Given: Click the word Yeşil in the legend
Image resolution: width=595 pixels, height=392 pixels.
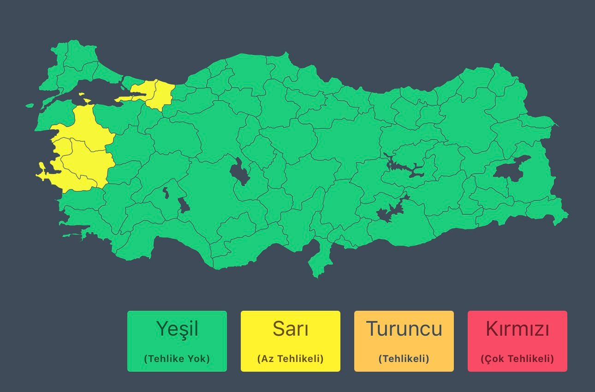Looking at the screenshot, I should [x=177, y=329].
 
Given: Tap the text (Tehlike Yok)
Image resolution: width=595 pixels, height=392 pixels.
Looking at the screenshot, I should [x=177, y=359].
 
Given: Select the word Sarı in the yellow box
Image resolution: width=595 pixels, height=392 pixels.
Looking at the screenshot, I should [x=291, y=329].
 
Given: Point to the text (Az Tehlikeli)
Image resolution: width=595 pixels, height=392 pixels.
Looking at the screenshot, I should [x=291, y=359].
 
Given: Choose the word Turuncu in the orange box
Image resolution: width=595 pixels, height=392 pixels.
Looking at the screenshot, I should [x=404, y=329].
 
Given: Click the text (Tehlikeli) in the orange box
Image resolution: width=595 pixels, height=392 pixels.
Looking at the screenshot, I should [x=404, y=359].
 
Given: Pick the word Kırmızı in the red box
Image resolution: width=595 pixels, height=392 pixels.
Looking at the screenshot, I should [x=518, y=329].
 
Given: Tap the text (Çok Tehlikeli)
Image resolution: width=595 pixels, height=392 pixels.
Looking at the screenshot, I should [x=518, y=359].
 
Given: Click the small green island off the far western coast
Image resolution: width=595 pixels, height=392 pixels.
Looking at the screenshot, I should [x=30, y=105].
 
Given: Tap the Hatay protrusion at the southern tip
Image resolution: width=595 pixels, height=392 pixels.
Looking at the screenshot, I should [x=317, y=263].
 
